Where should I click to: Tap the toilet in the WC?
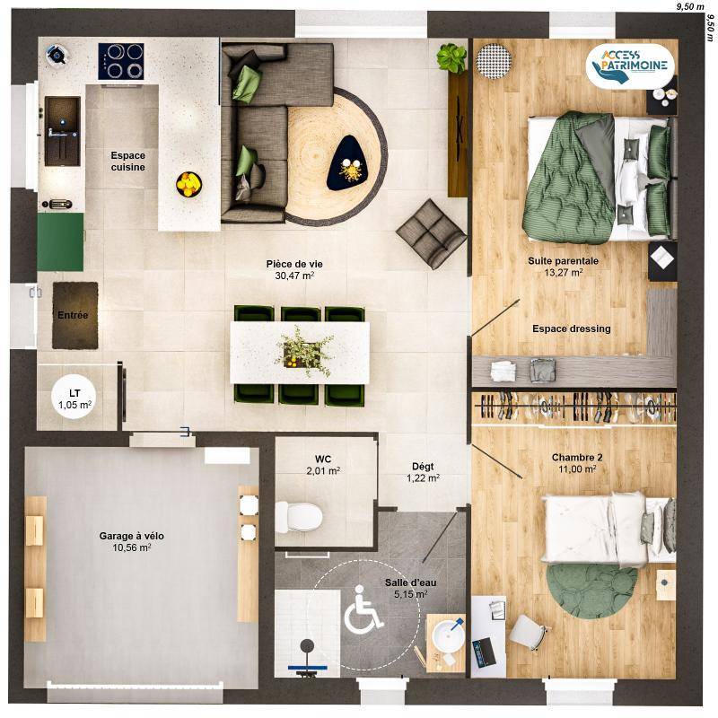coord(299,517)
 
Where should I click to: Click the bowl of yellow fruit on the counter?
coord(188,184)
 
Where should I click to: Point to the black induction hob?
coord(121,61)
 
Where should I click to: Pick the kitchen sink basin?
coord(62,131)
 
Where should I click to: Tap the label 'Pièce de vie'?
coord(294,264)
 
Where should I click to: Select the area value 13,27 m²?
coord(564,273)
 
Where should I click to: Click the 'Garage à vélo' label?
coord(131,536)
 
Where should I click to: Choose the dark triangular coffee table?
coord(346,162)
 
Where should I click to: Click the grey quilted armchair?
coord(431,233)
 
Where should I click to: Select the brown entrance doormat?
coord(75,316)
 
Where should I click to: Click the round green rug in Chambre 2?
coord(591,591)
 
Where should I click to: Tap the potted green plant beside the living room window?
coord(452,58)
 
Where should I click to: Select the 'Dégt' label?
coord(423,467)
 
